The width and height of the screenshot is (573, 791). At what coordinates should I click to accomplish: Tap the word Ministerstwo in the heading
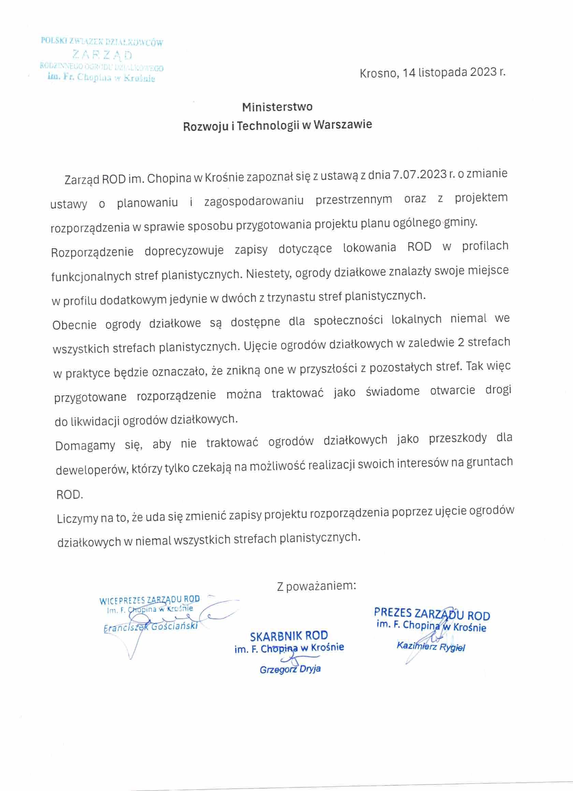pyautogui.click(x=277, y=107)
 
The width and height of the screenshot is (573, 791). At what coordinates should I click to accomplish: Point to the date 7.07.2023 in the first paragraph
pyautogui.click(x=420, y=174)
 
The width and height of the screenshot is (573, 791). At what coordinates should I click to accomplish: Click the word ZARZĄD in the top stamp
pyautogui.click(x=102, y=55)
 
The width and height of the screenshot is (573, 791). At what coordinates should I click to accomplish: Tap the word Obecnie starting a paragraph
pyautogui.click(x=74, y=325)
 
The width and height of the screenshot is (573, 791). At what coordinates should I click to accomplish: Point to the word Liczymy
pyautogui.click(x=77, y=518)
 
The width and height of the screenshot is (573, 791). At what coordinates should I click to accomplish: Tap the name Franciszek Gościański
pyautogui.click(x=150, y=626)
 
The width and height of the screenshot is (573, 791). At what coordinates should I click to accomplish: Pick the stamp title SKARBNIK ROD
pyautogui.click(x=289, y=636)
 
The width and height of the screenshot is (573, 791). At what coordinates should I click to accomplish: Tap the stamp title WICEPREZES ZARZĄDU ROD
pyautogui.click(x=149, y=599)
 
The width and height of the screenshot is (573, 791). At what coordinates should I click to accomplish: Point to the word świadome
pyautogui.click(x=393, y=391)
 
